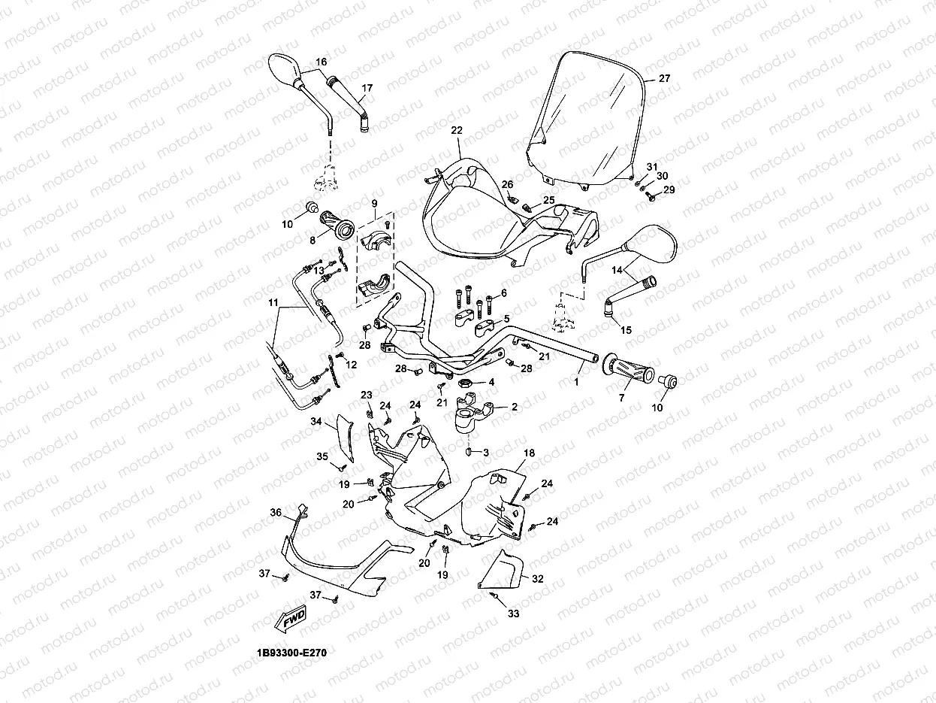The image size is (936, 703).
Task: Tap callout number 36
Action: [276, 513]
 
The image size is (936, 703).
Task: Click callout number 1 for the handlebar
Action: [577, 382]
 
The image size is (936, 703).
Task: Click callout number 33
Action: [513, 614]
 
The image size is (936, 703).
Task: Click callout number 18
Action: [529, 453]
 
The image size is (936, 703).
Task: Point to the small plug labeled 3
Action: [470, 453]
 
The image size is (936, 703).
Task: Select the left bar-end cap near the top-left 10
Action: [309, 208]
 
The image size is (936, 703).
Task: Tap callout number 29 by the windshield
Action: [669, 190]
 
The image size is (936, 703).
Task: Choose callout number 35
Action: [322, 456]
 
